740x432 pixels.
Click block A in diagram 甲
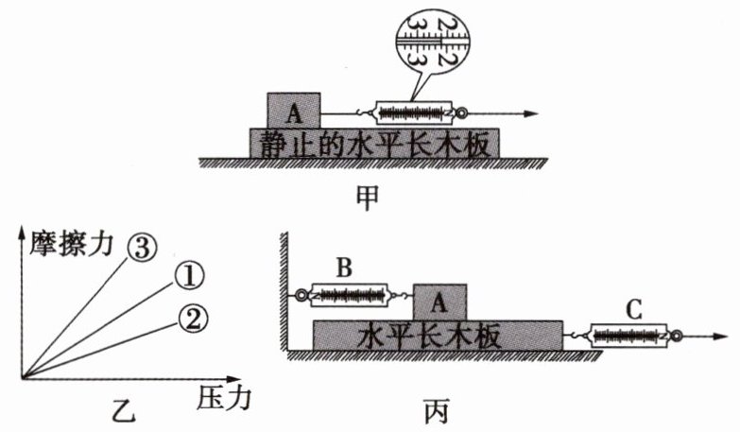[x=294, y=110]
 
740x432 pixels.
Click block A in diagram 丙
[x=439, y=302]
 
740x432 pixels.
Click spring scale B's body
[x=351, y=296]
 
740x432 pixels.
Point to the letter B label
[x=345, y=268]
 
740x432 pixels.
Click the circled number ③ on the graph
[x=141, y=247]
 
